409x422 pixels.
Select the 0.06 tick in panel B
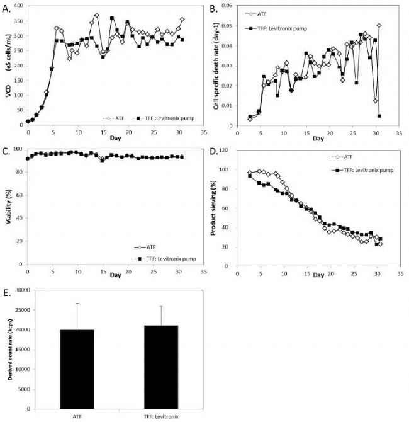[x=225, y=6]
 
